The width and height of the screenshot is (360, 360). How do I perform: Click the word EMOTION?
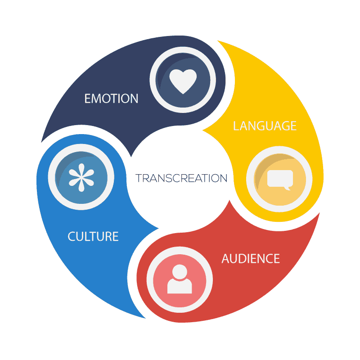tap(111, 98)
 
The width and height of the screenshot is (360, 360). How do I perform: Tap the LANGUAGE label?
tap(265, 126)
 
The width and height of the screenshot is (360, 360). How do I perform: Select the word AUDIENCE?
tap(251, 259)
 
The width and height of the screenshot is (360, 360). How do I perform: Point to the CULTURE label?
tap(93, 236)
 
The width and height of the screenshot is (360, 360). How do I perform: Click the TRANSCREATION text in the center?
tap(181, 178)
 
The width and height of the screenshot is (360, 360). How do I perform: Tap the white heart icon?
tap(183, 81)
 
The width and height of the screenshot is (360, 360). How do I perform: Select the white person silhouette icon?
tap(180, 279)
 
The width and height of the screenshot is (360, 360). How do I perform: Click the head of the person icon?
tap(180, 271)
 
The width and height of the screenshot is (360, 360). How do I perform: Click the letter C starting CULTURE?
tap(71, 236)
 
